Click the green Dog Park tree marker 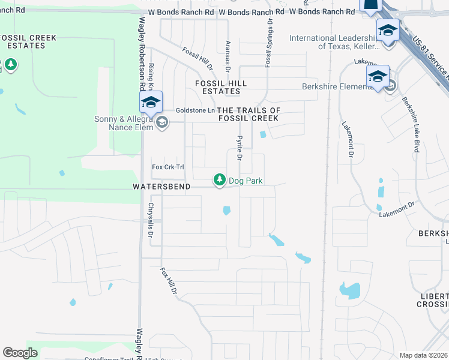[x=220, y=179]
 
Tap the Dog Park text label [x=246, y=181]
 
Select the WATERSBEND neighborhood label [x=161, y=187]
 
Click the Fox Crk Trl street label [x=167, y=167]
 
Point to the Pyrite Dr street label [x=239, y=148]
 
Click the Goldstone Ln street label [x=194, y=110]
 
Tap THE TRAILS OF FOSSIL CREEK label [x=249, y=114]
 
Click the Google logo [x=20, y=353]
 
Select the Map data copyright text [x=423, y=355]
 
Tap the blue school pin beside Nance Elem [x=151, y=102]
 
